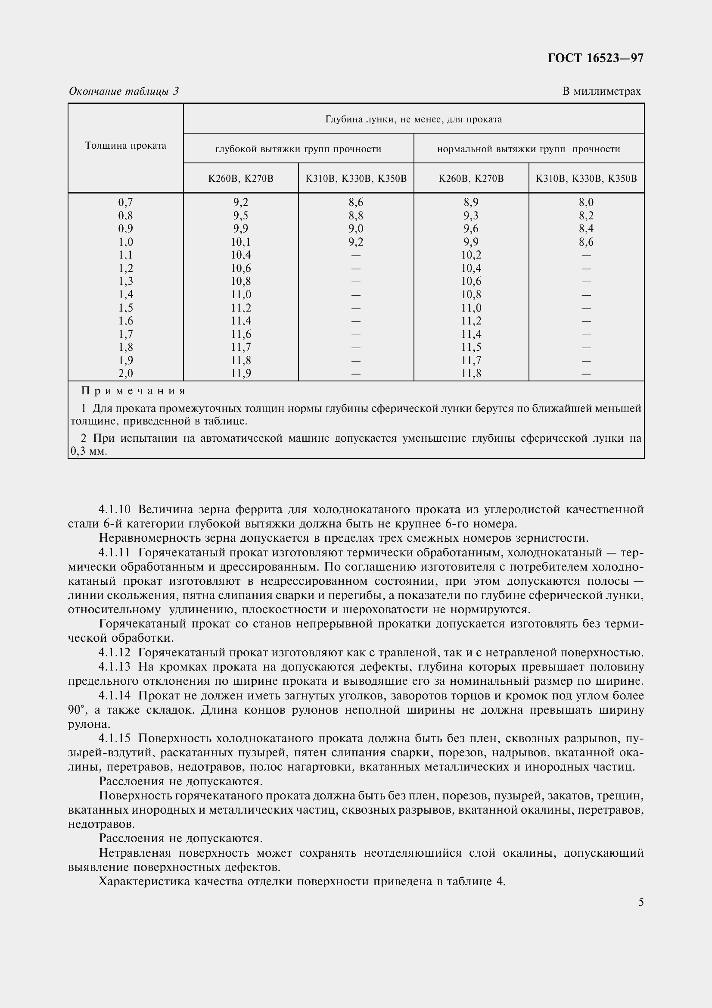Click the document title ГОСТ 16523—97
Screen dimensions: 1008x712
click(595, 58)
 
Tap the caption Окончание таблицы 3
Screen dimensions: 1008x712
click(124, 91)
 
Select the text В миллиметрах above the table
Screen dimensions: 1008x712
click(601, 91)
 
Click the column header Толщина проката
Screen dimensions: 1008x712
click(125, 146)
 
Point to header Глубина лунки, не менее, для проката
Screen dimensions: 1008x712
click(413, 119)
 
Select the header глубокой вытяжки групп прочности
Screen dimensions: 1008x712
click(298, 149)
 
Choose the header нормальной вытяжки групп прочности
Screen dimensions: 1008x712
click(528, 149)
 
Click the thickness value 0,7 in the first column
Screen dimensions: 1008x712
click(125, 203)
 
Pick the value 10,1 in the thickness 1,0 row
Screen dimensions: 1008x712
click(241, 242)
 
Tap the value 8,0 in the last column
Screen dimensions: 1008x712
click(586, 203)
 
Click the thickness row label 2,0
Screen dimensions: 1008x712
click(125, 374)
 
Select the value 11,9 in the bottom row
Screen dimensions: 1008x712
click(241, 374)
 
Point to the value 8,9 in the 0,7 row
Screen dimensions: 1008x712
click(471, 203)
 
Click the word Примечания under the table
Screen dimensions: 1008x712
click(134, 391)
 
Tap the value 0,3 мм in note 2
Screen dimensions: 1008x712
click(89, 452)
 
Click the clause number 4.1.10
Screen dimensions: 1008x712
click(115, 510)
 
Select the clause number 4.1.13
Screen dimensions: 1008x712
click(115, 667)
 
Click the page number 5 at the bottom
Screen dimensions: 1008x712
click(641, 903)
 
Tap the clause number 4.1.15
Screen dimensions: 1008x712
click(115, 739)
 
